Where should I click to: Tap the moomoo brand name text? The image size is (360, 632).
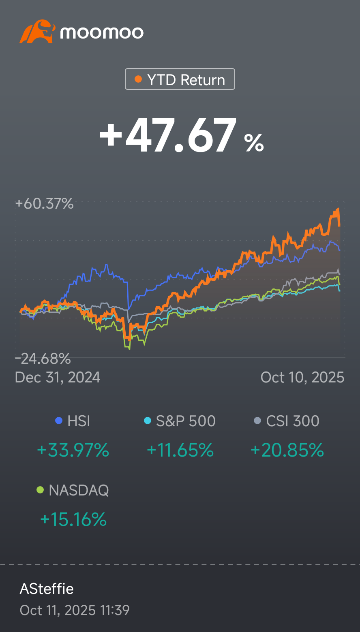point(102,32)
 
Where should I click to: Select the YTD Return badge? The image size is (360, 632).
point(180,79)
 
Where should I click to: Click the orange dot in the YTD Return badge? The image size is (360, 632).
point(138,79)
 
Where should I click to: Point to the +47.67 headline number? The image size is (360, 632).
point(167,135)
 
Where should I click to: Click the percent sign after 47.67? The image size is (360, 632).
point(254,143)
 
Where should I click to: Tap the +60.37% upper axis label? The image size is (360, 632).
point(44,203)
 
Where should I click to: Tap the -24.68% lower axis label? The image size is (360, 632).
point(43,359)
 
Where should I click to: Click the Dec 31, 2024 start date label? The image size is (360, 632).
point(58,378)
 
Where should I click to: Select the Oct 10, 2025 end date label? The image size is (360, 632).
point(302,378)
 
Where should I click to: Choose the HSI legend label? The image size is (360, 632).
point(79,421)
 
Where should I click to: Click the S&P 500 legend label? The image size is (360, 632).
point(186,421)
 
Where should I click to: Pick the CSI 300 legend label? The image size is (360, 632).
point(293,421)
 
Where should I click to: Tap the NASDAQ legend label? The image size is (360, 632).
point(79,491)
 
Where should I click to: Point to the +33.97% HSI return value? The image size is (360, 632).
point(73,450)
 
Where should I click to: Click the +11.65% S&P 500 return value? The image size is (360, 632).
point(180,450)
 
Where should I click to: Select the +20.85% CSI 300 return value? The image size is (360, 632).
point(287,450)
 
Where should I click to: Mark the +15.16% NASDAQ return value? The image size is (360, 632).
point(73,519)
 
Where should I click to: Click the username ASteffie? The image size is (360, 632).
point(47,589)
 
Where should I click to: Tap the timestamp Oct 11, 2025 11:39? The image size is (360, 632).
point(75,610)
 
